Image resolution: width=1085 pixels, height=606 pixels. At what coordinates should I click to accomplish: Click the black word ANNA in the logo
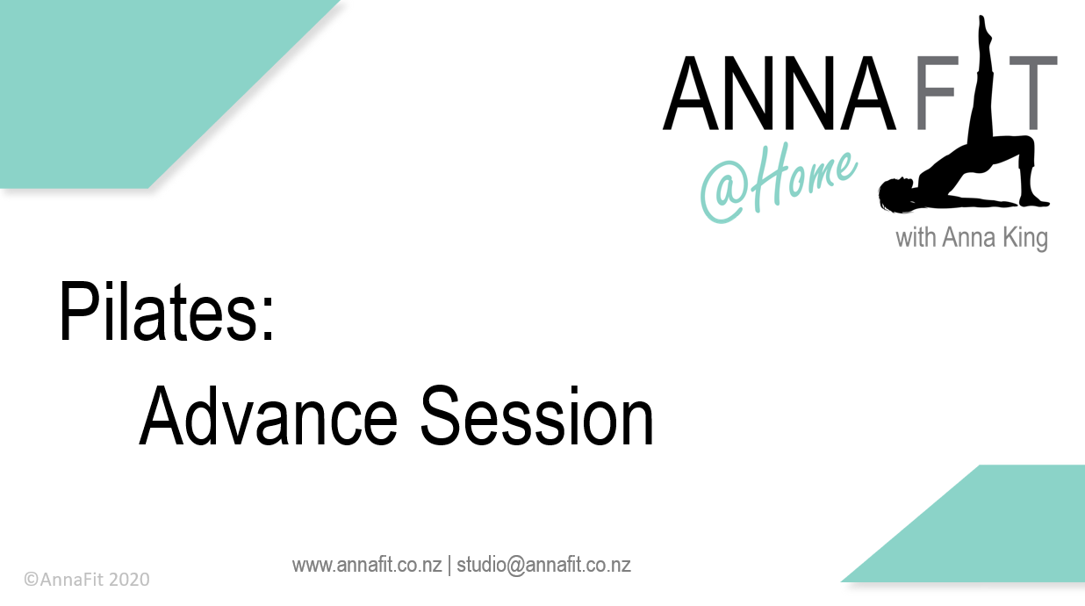pyautogui.click(x=779, y=93)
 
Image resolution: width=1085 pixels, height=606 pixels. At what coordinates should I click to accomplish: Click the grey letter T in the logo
pyautogui.click(x=1031, y=93)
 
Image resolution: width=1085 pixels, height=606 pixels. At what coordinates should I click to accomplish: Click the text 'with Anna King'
pyautogui.click(x=971, y=238)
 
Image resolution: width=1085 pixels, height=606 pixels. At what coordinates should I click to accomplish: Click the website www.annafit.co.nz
pyautogui.click(x=367, y=565)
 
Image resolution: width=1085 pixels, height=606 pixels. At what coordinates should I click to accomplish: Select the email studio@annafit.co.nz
pyautogui.click(x=543, y=565)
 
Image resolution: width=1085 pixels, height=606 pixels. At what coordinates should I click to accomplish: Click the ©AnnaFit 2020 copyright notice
pyautogui.click(x=87, y=580)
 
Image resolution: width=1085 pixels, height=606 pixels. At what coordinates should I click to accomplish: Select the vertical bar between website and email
pyautogui.click(x=449, y=565)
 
